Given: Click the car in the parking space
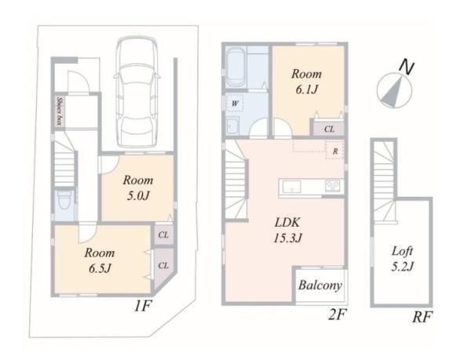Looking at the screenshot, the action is [x=137, y=92].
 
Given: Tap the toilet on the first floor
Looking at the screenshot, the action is [x=64, y=201].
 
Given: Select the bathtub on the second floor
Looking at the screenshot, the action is [x=235, y=67].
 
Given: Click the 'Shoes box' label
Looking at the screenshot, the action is [x=60, y=111].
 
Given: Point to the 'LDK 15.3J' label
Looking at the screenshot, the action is [x=287, y=230].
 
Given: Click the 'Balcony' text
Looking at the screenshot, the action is [x=320, y=285].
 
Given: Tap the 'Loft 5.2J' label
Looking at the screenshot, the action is [x=402, y=258].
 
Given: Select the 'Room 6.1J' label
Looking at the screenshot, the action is [x=306, y=82].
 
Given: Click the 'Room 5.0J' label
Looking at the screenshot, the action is [x=138, y=187].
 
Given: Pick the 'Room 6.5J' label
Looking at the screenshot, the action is [x=100, y=260].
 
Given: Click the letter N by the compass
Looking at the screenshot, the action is [x=407, y=67].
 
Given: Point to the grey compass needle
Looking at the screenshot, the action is [x=394, y=92].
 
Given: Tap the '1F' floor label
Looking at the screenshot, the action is [x=142, y=306].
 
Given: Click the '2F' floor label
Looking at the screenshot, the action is [x=337, y=315].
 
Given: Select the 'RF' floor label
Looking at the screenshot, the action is [x=422, y=317].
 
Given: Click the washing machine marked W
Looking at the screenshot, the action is [x=235, y=104].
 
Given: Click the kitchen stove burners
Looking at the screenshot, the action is [x=333, y=187].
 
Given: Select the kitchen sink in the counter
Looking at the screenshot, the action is [x=292, y=187].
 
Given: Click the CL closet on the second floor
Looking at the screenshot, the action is [x=329, y=129].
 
